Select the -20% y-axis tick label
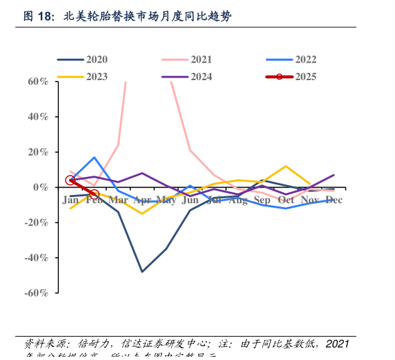pos(35,222)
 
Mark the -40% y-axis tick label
pos(35,258)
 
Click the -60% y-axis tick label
pos(35,293)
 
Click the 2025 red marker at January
pos(70,180)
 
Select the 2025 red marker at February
pos(94,194)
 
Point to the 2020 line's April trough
pos(142,272)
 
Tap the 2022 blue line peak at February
pos(94,158)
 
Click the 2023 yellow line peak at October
pos(286,166)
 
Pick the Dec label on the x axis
pos(334,200)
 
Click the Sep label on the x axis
pos(262,200)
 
